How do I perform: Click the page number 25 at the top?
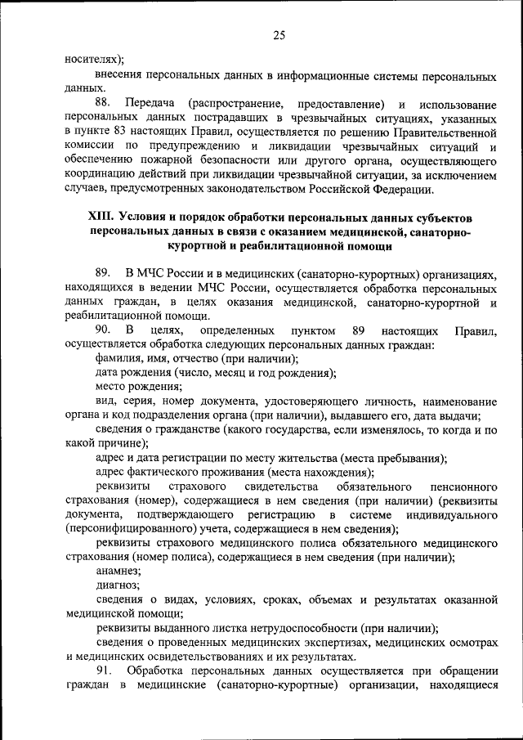click(279, 34)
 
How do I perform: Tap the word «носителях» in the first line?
click(92, 59)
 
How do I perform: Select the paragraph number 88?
click(102, 104)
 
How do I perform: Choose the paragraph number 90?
click(102, 331)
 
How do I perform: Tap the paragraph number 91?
click(102, 671)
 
